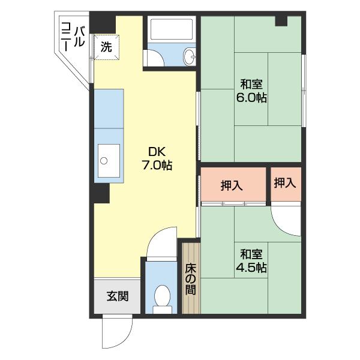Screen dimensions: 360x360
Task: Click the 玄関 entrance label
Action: pos(116,296)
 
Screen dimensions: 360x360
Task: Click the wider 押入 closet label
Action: pos(232,186)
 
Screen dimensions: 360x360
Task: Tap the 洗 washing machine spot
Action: pos(106,47)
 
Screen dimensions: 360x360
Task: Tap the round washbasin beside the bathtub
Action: pos(189,57)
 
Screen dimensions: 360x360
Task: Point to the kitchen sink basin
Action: pos(107,161)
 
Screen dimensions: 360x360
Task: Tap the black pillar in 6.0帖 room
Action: pos(281,21)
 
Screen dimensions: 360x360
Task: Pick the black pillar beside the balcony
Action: pos(102,23)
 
